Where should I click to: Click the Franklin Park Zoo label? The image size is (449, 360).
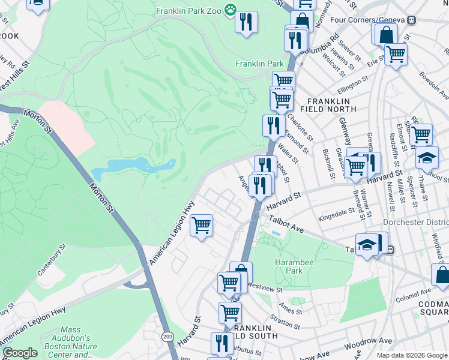tap(188, 11)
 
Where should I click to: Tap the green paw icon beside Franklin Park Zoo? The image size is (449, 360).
tap(231, 10)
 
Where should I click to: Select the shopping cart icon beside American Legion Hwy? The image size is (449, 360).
tap(201, 226)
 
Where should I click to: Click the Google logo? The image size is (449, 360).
tap(20, 353)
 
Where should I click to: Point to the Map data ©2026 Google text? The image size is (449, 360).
tap(411, 355)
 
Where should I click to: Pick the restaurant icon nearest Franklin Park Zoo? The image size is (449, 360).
tap(246, 23)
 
